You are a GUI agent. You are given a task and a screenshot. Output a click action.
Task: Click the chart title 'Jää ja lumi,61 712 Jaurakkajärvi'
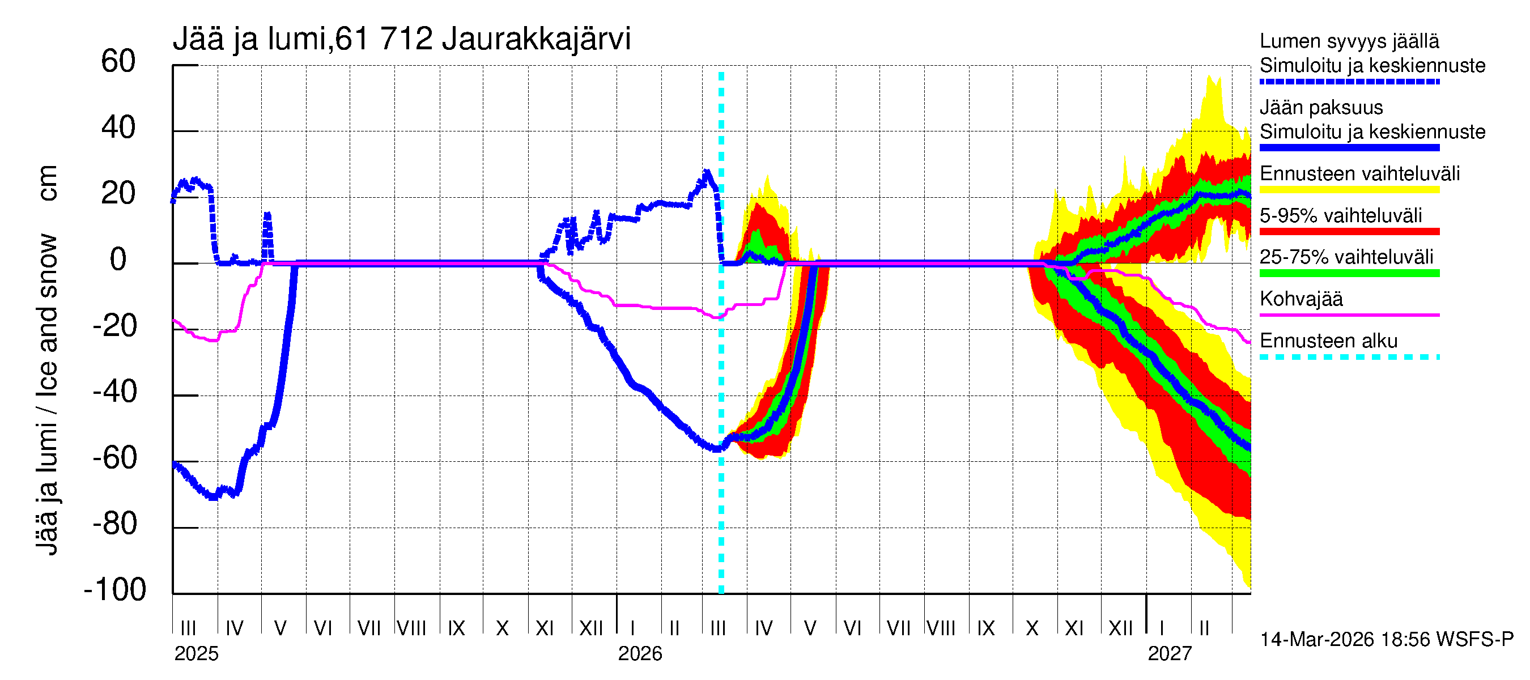(x=402, y=39)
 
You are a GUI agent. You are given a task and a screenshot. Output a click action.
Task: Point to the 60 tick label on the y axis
(x=118, y=61)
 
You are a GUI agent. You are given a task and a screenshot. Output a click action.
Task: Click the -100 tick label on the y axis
(x=115, y=590)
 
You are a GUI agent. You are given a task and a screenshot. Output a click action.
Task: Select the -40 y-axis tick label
(x=115, y=392)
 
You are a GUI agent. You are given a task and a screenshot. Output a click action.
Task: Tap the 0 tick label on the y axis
(x=118, y=260)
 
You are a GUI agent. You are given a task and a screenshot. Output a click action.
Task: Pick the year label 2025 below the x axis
(x=196, y=654)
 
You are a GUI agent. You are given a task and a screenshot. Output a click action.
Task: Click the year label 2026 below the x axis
(x=640, y=654)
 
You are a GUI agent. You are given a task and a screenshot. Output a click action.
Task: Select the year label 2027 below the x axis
(x=1170, y=654)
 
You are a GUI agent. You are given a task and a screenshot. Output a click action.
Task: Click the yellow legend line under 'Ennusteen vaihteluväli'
(x=1349, y=190)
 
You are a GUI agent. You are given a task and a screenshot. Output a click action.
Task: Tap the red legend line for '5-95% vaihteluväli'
(x=1349, y=232)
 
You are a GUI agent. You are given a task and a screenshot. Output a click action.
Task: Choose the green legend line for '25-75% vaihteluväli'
(x=1349, y=273)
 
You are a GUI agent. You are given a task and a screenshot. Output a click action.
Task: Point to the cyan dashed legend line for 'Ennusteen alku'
(x=1349, y=357)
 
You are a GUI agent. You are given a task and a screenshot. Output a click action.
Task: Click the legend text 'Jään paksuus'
(x=1321, y=108)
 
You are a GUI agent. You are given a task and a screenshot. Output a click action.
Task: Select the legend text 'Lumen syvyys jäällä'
(x=1349, y=41)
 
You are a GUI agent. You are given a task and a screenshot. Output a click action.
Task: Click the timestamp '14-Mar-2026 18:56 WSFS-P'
(x=1387, y=640)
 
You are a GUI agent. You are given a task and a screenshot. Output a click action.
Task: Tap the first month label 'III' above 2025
(x=188, y=628)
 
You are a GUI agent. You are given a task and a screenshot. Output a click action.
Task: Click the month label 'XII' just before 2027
(x=1120, y=628)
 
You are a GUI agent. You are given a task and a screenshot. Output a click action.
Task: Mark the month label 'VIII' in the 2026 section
(x=941, y=628)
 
